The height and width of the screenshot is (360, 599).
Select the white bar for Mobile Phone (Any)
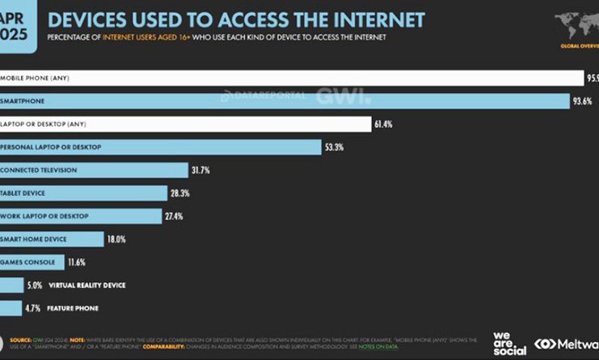pyautogui.click(x=291, y=78)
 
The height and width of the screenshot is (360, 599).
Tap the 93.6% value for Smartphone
pyautogui.click(x=583, y=101)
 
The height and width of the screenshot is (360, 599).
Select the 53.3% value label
pyautogui.click(x=334, y=147)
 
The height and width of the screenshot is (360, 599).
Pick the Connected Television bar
pyautogui.click(x=93, y=170)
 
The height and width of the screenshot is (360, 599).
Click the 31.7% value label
pyautogui.click(x=200, y=170)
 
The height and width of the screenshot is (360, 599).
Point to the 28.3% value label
pyautogui.click(x=180, y=193)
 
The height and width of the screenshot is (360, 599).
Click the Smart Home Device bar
pyautogui.click(x=53, y=239)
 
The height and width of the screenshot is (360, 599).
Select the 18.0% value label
pyautogui.click(x=119, y=239)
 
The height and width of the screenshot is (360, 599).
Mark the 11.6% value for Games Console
pyautogui.click(x=76, y=263)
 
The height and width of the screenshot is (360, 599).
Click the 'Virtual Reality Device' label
pyautogui.click(x=87, y=286)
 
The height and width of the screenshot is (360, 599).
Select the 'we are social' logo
pyautogui.click(x=509, y=343)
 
